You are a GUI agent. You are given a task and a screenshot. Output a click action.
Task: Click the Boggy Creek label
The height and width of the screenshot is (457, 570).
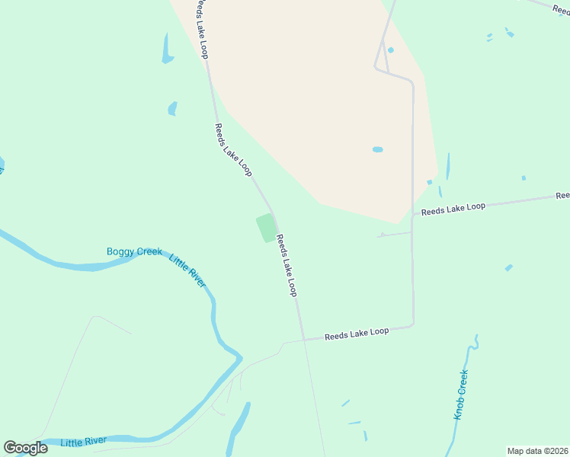(x=134, y=251)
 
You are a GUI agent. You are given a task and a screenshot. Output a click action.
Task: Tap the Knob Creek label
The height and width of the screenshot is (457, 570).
(x=460, y=395)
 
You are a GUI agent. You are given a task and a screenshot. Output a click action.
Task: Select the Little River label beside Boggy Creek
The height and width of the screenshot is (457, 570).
(x=187, y=270)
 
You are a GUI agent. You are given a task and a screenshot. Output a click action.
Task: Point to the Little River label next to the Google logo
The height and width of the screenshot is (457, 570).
(x=84, y=441)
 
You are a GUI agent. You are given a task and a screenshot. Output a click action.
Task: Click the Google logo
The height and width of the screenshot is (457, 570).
(x=25, y=448)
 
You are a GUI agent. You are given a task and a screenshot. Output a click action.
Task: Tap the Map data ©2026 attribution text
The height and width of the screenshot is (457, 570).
(x=537, y=451)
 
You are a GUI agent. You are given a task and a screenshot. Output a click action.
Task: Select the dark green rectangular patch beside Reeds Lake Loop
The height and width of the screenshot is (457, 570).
(x=266, y=228)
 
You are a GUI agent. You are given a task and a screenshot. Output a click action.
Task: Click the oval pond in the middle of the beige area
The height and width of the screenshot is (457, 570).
(x=377, y=149)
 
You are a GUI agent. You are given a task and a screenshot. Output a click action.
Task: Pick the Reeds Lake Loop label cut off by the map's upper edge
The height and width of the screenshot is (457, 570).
(x=200, y=29)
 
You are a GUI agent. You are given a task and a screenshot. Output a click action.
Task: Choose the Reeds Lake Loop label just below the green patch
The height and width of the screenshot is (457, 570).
(x=287, y=265)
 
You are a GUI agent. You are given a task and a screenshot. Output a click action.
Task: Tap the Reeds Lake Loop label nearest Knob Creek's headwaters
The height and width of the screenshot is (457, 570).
(x=357, y=333)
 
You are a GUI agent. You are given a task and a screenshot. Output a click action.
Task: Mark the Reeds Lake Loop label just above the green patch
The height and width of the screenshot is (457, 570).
(x=232, y=150)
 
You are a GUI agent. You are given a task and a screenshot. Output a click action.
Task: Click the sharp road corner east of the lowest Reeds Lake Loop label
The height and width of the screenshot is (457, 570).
(x=413, y=324)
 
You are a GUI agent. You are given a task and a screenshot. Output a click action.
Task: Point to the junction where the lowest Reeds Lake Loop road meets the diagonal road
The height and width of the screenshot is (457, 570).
(x=303, y=339)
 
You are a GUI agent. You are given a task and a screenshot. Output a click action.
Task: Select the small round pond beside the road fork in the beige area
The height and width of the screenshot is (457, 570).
(x=391, y=50)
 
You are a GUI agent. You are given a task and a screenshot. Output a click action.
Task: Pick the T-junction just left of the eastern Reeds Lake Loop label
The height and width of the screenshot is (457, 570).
(x=413, y=214)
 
